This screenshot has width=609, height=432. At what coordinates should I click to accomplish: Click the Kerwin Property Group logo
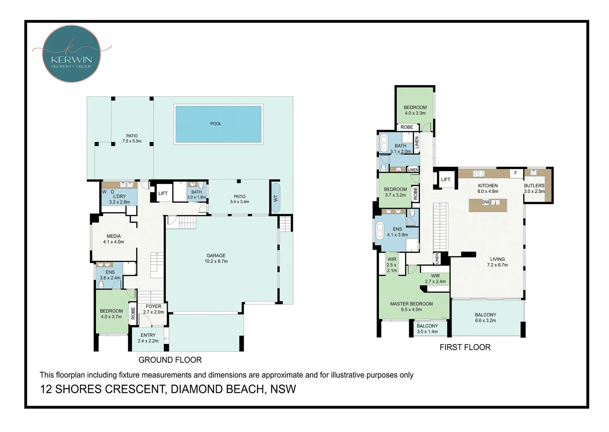(72, 54)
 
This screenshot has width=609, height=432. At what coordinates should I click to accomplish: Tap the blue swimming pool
(218, 124)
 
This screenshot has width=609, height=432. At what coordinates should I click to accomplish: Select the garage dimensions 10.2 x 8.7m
(216, 261)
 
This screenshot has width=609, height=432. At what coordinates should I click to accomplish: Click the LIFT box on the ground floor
(163, 193)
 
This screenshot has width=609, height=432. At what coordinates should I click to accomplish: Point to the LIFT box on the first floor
(446, 180)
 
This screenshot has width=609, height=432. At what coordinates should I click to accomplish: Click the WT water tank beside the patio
(275, 198)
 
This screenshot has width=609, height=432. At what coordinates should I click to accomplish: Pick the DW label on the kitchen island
(486, 202)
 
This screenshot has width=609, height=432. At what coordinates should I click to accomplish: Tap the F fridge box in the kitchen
(516, 173)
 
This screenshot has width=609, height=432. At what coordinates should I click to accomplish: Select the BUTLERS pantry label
(534, 186)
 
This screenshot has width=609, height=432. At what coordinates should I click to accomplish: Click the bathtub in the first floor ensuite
(380, 231)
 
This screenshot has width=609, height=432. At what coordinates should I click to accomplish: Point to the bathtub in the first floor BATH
(384, 142)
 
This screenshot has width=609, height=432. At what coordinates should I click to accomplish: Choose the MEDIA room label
(113, 236)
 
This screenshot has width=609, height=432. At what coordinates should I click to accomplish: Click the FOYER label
(153, 306)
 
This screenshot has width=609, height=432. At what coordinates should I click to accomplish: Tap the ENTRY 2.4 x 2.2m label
(148, 338)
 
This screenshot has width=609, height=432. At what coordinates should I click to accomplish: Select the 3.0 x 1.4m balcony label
(427, 332)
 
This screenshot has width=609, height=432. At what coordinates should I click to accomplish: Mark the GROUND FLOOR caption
(170, 360)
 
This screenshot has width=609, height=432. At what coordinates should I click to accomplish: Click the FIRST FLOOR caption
(465, 347)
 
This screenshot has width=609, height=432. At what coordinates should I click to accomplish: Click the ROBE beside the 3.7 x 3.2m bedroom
(415, 193)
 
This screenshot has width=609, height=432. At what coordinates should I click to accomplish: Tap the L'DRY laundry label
(119, 196)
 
